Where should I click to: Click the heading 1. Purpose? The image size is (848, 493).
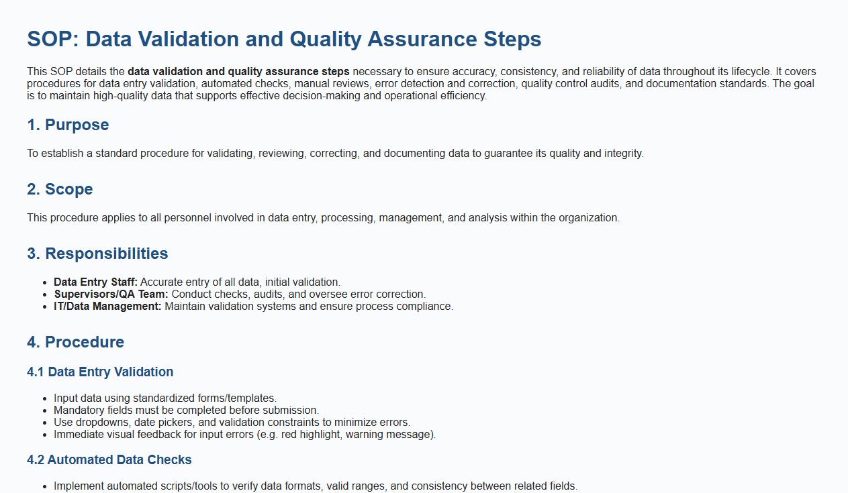coord(68,125)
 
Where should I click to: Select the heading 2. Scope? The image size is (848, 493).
coord(60,189)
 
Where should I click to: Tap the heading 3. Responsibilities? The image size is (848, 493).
coord(97,254)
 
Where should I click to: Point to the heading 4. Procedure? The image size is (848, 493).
coord(75,342)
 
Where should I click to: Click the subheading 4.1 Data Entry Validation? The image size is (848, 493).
coord(100,372)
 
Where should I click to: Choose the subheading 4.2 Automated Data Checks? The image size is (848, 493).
coord(109,459)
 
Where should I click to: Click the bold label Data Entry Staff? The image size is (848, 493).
coord(95,282)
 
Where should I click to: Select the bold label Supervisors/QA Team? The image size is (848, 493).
coord(111,294)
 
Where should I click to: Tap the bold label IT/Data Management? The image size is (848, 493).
coord(107,307)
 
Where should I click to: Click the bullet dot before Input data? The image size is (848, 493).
coord(45,399)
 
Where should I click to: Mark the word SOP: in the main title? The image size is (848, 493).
coord(53,39)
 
